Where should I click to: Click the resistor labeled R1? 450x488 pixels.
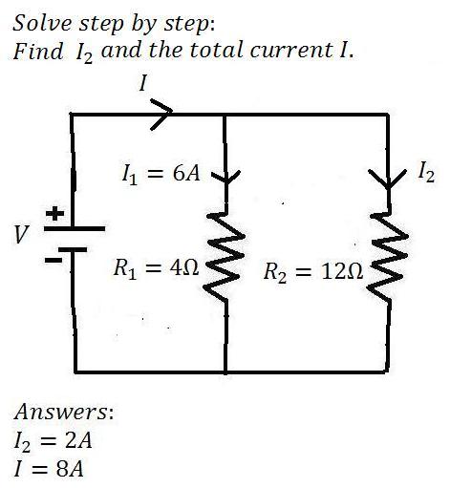[225, 257]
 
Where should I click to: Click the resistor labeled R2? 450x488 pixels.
[388, 257]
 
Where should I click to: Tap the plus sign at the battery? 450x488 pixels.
[54, 213]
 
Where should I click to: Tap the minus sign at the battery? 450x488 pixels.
[54, 261]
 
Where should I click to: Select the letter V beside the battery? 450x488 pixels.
[22, 234]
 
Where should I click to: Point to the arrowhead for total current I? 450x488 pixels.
[161, 114]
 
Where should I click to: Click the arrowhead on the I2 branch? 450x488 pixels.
[388, 179]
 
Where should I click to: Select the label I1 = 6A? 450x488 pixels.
[161, 175]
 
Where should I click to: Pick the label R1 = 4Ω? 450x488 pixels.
[156, 268]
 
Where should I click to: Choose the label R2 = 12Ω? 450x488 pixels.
[313, 272]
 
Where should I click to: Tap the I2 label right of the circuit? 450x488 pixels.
[426, 172]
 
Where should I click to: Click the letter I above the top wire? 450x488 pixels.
[143, 83]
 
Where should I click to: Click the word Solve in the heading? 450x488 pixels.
[42, 23]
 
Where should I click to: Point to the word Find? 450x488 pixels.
[38, 51]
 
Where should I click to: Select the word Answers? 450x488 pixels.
[62, 412]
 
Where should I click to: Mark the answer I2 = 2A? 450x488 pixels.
[53, 441]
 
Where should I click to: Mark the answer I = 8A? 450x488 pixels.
[49, 469]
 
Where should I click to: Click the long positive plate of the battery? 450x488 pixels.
[75, 228]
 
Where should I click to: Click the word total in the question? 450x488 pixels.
[216, 51]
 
